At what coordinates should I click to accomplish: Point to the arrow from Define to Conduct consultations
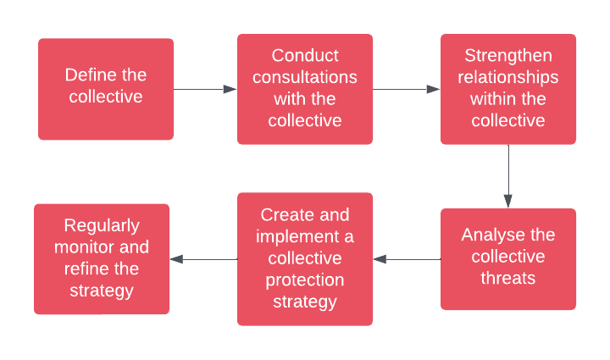tap(205, 89)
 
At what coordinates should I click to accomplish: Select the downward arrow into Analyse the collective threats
tap(508, 178)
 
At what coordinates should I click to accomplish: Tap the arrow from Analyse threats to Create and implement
tap(407, 259)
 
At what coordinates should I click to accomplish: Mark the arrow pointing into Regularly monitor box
tap(203, 259)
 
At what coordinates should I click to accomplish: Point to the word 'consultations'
tap(305, 77)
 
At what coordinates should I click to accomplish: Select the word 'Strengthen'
tap(508, 56)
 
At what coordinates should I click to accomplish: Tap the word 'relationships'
tap(508, 77)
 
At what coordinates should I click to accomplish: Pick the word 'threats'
tap(508, 277)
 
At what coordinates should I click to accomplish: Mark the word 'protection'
tap(305, 280)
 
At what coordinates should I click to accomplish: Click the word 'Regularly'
tap(102, 225)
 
